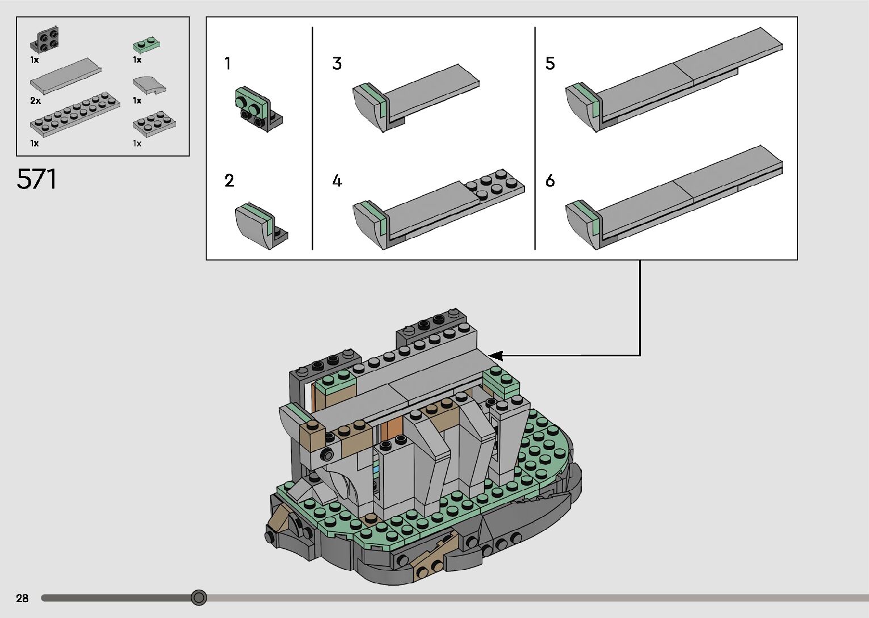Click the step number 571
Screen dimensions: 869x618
click(36, 179)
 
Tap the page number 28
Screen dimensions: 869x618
click(22, 598)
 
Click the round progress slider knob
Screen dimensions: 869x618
click(199, 598)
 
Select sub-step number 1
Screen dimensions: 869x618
click(228, 64)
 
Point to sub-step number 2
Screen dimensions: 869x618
click(229, 181)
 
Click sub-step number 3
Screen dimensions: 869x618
click(337, 64)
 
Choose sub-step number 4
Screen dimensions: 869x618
click(337, 181)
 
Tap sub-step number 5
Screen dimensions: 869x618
click(550, 64)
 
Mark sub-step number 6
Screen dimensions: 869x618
click(550, 181)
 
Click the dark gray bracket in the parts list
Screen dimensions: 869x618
click(45, 40)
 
